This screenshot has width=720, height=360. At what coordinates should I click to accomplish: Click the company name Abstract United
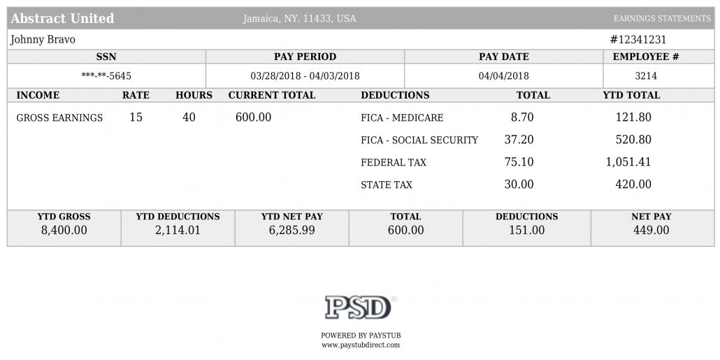coord(62,18)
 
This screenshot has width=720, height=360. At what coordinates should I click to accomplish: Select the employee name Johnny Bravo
coord(43,39)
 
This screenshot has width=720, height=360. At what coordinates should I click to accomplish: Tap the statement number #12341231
coord(638,39)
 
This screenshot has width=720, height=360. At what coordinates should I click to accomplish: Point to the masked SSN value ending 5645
coord(106,75)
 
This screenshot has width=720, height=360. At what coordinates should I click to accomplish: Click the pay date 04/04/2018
coord(504,75)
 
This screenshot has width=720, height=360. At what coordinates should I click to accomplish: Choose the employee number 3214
coord(646,75)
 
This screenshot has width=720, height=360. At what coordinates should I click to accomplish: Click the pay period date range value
coord(305,75)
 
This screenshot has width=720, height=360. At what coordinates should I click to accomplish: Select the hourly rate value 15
coord(136,117)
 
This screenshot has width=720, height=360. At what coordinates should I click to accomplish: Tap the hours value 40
coord(189,117)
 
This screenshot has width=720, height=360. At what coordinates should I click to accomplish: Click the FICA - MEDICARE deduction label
coord(402,118)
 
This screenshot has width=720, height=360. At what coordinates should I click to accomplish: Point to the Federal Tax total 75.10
coord(519,161)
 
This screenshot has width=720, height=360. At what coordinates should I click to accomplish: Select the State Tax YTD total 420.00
coord(633,184)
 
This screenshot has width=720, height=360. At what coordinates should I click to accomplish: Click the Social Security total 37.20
coord(519,139)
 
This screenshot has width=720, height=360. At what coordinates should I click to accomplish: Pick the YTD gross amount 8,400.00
coord(64,230)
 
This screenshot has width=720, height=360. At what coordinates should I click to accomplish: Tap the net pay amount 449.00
coord(651,230)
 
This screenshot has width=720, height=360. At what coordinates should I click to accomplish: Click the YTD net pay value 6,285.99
coord(292,230)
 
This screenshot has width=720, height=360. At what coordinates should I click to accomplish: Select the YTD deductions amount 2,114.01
coord(178,230)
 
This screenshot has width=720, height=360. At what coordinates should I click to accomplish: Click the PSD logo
coord(359,307)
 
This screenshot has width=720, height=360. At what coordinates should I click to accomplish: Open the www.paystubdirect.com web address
coord(361,345)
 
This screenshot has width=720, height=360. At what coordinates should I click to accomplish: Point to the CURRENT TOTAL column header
coord(272,95)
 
